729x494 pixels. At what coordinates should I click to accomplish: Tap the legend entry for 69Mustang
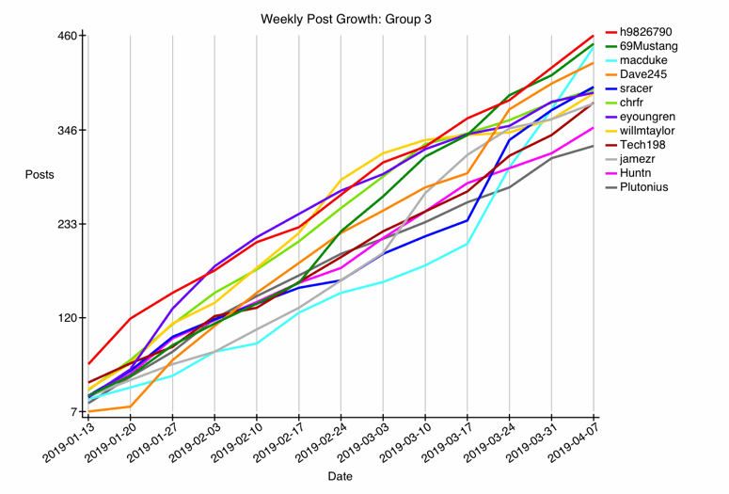(656, 46)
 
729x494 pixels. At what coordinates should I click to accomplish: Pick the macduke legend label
(644, 60)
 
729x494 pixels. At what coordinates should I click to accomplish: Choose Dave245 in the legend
(644, 74)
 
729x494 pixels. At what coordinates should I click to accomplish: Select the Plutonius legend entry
(651, 187)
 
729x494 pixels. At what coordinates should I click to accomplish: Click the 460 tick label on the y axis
(65, 36)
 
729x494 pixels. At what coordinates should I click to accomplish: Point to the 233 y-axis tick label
(65, 224)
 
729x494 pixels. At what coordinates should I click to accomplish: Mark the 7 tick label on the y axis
(71, 412)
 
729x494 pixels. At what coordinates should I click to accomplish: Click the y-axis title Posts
(40, 175)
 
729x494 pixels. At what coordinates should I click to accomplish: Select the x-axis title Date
(341, 476)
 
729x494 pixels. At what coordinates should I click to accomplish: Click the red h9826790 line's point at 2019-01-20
(130, 318)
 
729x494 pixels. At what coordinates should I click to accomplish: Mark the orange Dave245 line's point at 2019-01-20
(130, 406)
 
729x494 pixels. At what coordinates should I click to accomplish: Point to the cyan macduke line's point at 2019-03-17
(468, 244)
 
